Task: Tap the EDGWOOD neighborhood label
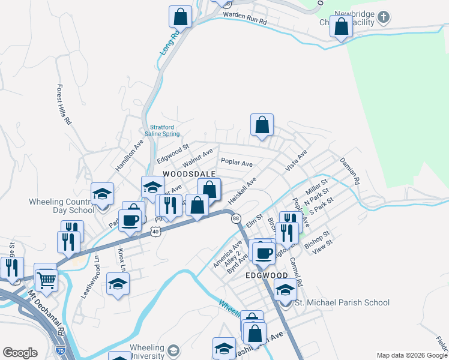pos(267,275)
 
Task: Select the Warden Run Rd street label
pos(244,17)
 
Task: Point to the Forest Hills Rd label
pos(64,104)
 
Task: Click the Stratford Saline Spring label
pos(164,130)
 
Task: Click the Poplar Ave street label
pos(237,162)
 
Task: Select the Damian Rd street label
pos(349,170)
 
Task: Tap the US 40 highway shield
pos(155,231)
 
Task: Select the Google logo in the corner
pos(20,352)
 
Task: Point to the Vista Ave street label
pos(297,161)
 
